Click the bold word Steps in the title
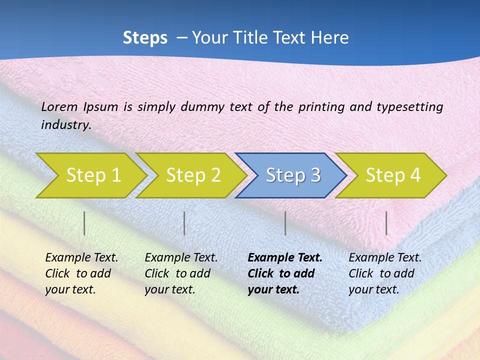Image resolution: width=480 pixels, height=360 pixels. pos(145,38)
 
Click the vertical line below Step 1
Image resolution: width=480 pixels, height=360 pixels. pos(84,223)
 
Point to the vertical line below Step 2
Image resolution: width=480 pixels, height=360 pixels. pos(184,223)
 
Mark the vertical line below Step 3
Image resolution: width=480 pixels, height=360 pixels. pos(285,223)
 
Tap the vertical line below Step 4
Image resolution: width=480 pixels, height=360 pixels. pos(386,223)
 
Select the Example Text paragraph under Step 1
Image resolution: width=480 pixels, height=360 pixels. pos(81,273)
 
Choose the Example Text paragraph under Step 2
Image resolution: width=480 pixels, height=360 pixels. pos(181,273)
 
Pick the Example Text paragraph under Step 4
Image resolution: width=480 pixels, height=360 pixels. pos(385,273)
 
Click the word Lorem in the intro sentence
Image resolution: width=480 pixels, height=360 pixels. pos(59,107)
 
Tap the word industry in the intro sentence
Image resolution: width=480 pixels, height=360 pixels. pos(65,125)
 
